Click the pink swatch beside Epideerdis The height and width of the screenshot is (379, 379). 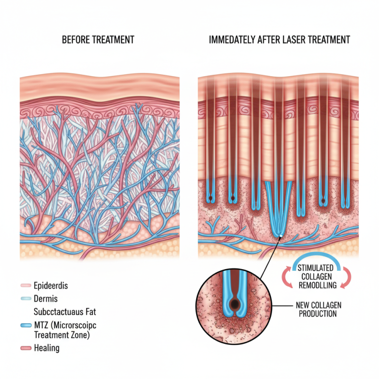tap(26, 286)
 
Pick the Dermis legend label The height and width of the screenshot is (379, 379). tap(46, 299)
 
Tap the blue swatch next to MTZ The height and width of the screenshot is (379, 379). tap(26, 326)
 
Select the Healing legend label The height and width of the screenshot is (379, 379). tap(47, 348)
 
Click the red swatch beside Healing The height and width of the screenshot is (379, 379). tap(26, 348)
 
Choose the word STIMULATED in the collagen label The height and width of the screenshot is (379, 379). tap(318, 268)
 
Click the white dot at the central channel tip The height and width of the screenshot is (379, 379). tap(281, 236)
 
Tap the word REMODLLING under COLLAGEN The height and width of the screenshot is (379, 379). tap(318, 285)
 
